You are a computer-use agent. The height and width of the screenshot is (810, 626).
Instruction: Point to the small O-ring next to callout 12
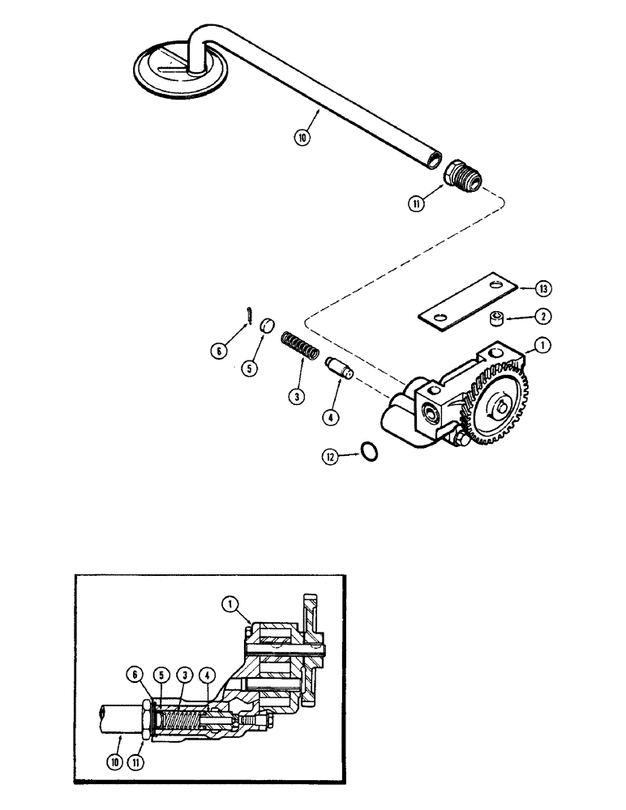tap(367, 452)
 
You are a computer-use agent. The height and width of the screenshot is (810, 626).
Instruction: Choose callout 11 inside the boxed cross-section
tap(144, 760)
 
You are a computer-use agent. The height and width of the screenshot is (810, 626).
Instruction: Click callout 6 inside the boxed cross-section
tap(135, 672)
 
